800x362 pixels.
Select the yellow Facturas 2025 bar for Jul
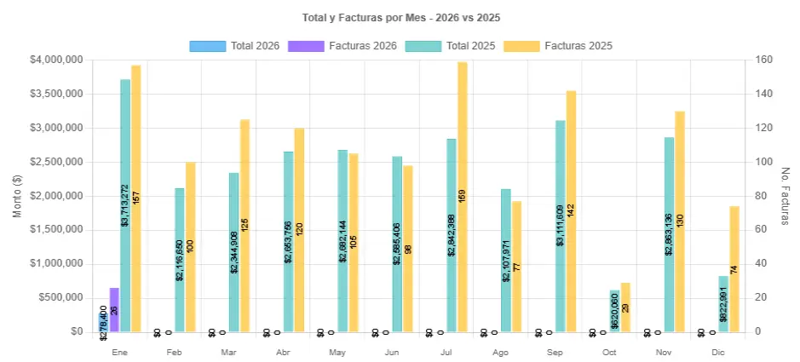463,196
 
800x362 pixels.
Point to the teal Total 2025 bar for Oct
615,311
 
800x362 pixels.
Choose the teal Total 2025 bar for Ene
125,205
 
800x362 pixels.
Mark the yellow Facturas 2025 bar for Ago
517,266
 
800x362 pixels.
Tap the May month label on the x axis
337,352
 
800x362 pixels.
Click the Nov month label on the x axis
664,352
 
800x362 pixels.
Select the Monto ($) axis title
17,196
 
